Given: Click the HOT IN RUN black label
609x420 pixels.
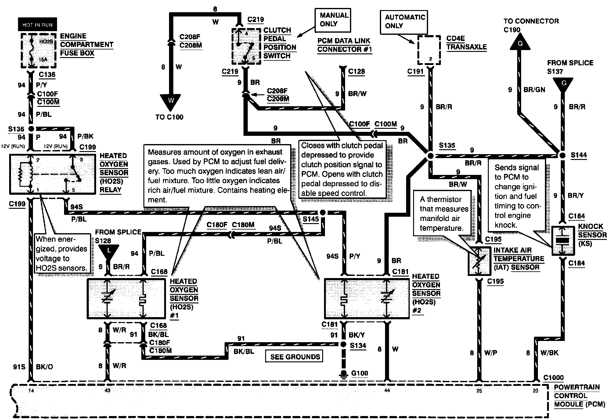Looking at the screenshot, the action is click(37, 25).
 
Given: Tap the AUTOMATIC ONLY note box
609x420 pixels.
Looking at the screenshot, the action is click(404, 22).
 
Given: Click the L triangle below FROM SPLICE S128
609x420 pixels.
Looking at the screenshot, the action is click(108, 251).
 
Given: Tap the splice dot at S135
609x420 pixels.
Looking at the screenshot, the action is click(430, 156).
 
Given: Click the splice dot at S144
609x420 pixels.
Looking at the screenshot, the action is click(563, 155).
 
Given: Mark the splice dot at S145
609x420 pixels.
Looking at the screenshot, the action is click(323, 212).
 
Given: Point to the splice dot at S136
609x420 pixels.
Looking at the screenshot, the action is click(31, 129).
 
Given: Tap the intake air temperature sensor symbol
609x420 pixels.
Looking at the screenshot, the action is click(478, 261).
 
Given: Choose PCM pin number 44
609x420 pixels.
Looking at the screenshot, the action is click(387, 390).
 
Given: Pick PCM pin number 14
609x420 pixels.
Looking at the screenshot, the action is click(31, 390).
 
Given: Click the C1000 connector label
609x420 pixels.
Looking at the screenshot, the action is click(553, 378).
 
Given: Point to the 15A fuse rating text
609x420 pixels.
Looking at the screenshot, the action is click(43, 59).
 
